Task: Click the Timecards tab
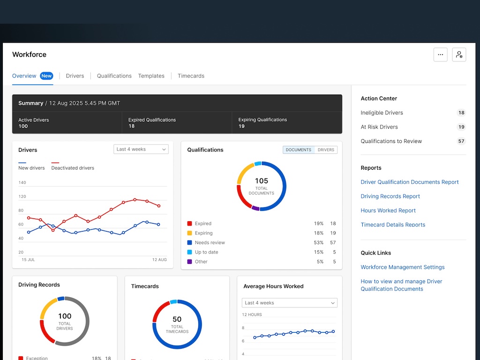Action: point(191,76)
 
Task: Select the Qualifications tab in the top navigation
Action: point(114,76)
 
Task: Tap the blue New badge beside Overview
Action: point(46,76)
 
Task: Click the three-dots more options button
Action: point(441,54)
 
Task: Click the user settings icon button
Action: point(459,54)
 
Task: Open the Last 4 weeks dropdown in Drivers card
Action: point(141,149)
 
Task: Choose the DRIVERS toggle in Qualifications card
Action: point(326,150)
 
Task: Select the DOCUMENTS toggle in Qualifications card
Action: point(299,150)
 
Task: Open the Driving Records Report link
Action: point(390,196)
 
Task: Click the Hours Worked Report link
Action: point(388,210)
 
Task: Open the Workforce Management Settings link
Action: point(403,267)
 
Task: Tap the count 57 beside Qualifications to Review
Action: point(461,141)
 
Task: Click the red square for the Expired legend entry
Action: point(189,224)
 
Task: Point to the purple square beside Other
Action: point(189,262)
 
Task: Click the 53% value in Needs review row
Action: point(319,242)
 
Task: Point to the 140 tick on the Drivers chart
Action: point(22,182)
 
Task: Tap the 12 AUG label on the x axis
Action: point(159,260)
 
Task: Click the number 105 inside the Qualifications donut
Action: point(262,180)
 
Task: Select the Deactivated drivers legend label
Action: point(73,168)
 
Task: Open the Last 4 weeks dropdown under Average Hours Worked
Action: point(290,303)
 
